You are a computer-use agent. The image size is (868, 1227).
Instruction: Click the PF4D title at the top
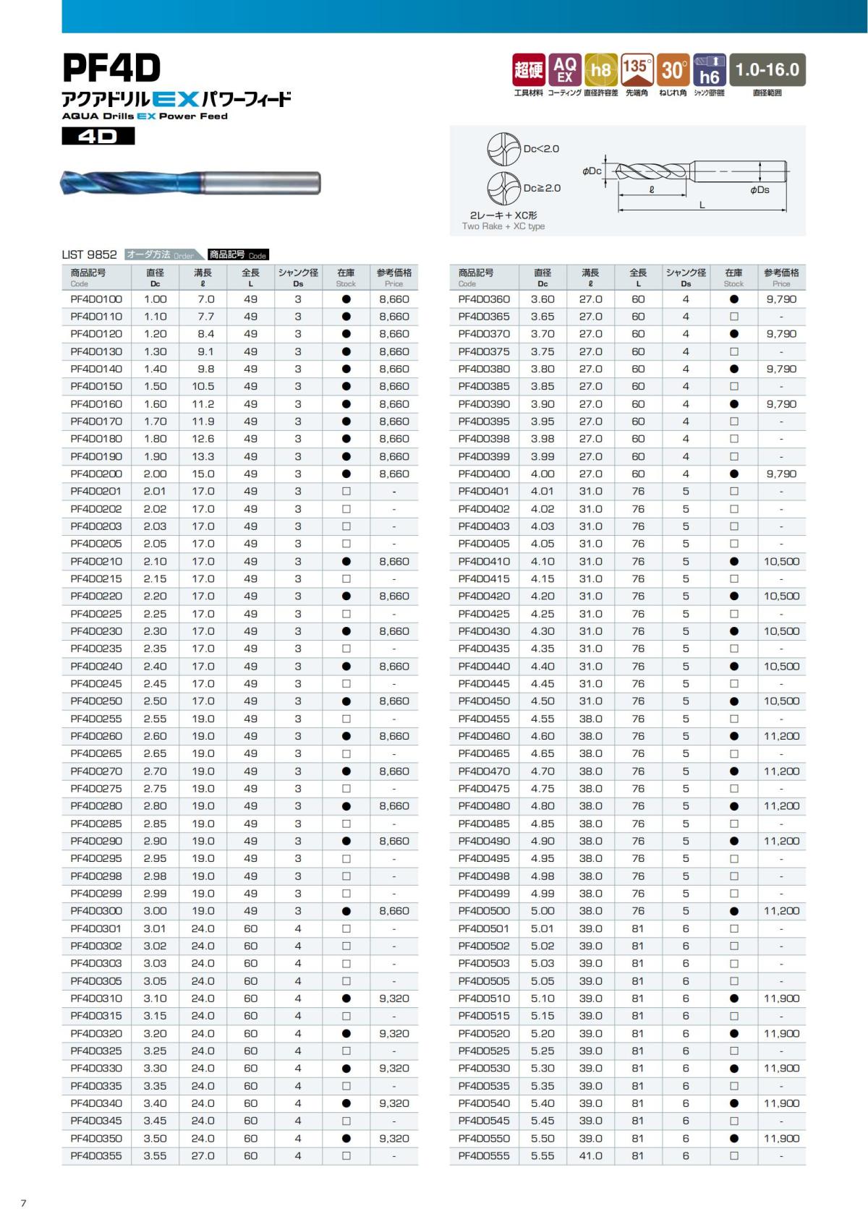coord(111,69)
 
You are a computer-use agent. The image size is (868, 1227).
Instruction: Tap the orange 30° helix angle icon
coord(673,70)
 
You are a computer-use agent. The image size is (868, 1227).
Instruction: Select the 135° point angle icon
coord(637,70)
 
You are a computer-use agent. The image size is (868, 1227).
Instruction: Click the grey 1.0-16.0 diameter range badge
coord(767,70)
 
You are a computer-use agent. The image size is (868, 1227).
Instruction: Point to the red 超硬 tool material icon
coord(528,70)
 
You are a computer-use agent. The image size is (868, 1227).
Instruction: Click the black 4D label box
coord(98,136)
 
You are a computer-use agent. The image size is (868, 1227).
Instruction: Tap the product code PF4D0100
coord(96,299)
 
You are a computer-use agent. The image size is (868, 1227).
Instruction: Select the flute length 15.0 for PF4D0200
coord(203,474)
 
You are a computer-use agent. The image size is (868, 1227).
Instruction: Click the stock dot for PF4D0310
coord(346,999)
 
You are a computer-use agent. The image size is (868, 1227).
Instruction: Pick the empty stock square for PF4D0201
coord(346,492)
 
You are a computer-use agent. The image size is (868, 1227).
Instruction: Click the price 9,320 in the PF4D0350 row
coord(394,1138)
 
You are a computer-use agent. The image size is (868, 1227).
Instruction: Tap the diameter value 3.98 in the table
coord(542,439)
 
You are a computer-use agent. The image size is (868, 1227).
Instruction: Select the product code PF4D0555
coord(484,1156)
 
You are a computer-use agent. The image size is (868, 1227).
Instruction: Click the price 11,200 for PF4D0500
coord(781,911)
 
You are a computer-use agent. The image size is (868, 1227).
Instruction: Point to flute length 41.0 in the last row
coord(590,1156)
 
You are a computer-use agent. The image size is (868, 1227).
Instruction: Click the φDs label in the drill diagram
coord(759,189)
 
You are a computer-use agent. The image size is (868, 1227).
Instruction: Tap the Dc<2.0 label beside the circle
coord(541,149)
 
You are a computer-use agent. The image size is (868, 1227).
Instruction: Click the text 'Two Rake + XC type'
coord(503,226)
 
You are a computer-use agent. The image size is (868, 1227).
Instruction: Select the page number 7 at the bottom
coord(23,1203)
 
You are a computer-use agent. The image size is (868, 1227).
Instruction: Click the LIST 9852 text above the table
coord(90,255)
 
